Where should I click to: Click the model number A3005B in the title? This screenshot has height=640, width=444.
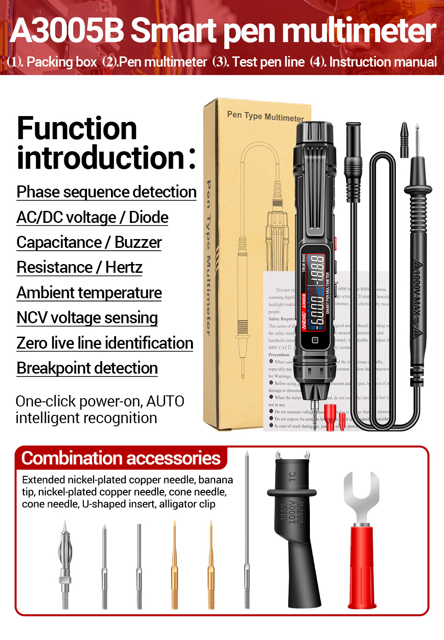68,31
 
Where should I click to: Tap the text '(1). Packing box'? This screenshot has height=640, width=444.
52,62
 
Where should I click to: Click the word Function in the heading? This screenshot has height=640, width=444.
77,128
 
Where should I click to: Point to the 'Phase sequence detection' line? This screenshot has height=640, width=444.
106,192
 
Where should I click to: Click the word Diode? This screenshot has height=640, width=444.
148,217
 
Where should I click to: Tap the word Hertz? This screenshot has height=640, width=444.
123,267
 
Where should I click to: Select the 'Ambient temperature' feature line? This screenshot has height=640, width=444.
89,293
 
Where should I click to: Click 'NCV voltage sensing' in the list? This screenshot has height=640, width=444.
87,318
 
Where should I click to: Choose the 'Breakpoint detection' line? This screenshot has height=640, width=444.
87,368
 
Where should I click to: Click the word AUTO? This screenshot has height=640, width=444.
165,401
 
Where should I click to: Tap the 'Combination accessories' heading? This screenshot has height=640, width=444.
121,458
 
